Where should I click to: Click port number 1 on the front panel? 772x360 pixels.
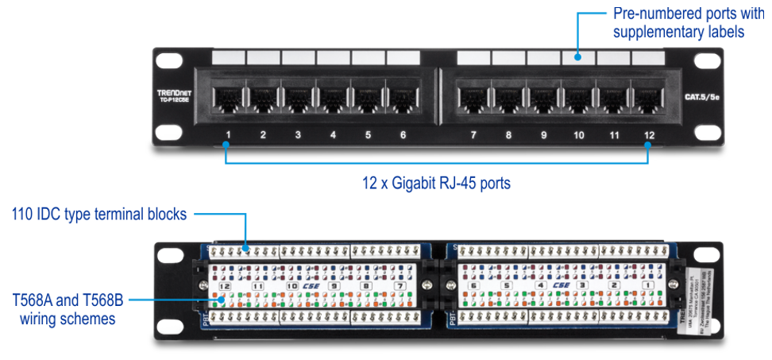click(227, 135)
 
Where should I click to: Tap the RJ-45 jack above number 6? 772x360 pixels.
click(403, 99)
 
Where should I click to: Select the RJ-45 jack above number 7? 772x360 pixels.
click(473, 99)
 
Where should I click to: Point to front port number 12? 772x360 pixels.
click(649, 135)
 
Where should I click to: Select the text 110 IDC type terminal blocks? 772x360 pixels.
click(99, 214)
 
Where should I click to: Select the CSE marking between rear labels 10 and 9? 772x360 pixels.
click(311, 285)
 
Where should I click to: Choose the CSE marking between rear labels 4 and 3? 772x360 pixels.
click(561, 285)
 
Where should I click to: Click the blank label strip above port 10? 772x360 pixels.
click(578, 58)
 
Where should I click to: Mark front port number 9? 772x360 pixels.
click(544, 135)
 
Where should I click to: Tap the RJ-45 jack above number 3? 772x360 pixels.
click(298, 99)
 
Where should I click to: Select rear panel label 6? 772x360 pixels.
click(473, 285)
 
